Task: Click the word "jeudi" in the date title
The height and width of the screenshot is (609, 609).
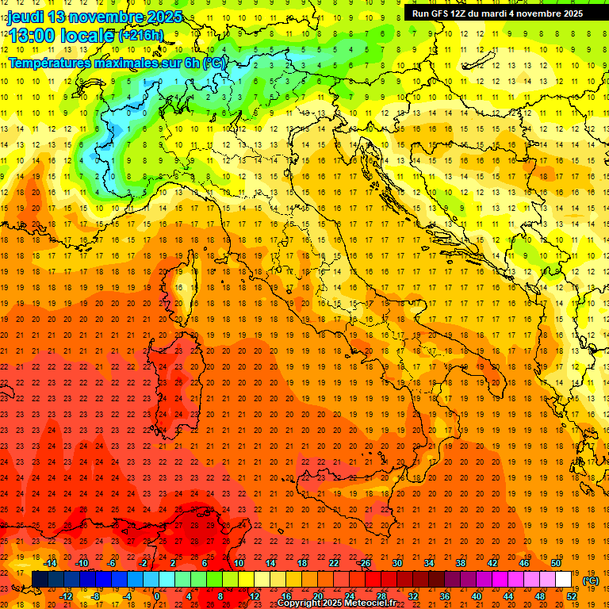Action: (x=25, y=17)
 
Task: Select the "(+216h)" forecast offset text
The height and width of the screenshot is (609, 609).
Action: (x=141, y=36)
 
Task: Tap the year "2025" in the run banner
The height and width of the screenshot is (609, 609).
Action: (x=569, y=13)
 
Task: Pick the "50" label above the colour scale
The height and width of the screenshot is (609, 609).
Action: (x=555, y=563)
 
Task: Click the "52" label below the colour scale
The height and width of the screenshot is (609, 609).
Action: (x=571, y=596)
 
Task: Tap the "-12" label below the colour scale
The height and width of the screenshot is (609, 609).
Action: (x=66, y=596)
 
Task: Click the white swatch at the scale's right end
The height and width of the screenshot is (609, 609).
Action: (x=564, y=579)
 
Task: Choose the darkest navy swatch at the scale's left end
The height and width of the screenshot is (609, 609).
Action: (x=40, y=579)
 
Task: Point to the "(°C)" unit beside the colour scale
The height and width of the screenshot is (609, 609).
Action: (x=591, y=580)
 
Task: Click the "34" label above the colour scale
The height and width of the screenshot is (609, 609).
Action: (x=428, y=563)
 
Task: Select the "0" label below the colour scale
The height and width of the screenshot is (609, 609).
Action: (x=157, y=596)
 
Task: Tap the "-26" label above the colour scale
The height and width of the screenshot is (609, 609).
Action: (x=364, y=563)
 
